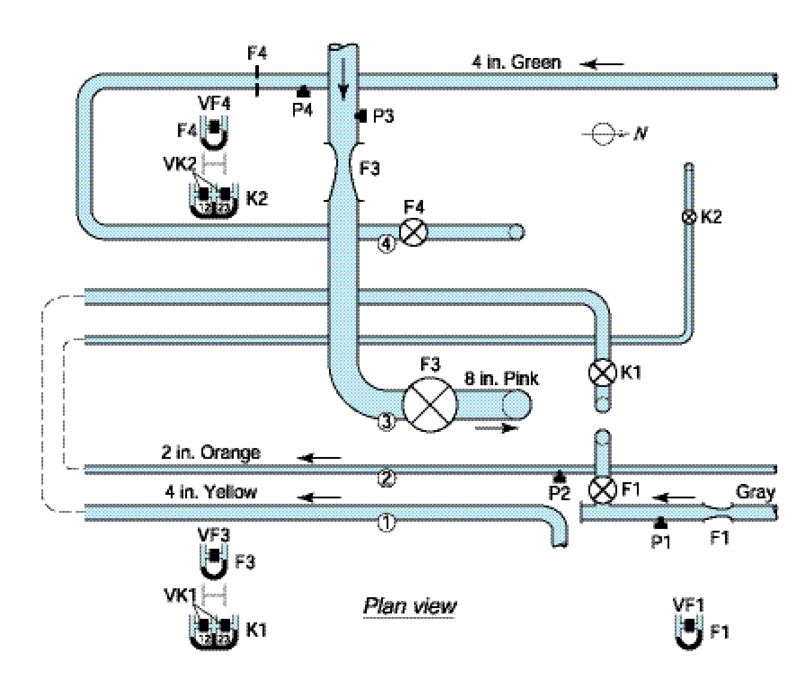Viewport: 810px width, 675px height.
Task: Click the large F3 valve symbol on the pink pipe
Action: (430, 404)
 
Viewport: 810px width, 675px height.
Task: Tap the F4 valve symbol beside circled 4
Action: (414, 232)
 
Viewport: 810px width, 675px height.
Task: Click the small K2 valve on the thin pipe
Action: (688, 218)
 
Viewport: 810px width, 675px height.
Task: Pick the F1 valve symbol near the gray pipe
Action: (602, 490)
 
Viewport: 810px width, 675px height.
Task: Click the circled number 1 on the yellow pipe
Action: (386, 522)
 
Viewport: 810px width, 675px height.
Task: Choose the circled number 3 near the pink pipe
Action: (386, 421)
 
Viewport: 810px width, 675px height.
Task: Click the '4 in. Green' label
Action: (516, 62)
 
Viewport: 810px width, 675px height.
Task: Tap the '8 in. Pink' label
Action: (501, 378)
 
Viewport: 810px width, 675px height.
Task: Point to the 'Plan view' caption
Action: (409, 607)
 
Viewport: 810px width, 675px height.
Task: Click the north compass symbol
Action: (602, 133)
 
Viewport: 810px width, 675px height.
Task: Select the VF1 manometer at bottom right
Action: (689, 629)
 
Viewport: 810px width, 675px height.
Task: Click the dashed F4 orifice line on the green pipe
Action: (257, 81)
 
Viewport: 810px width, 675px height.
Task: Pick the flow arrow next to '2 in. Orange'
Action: (320, 458)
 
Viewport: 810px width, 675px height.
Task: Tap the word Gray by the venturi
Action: (755, 493)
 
